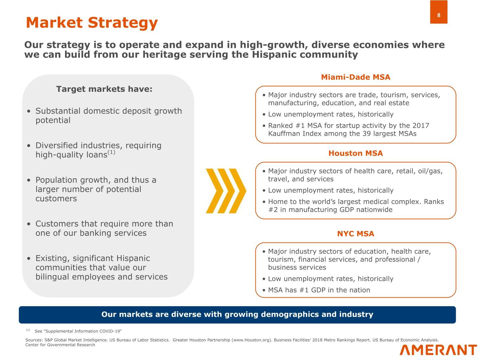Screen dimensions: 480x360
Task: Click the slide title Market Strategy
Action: pyautogui.click(x=92, y=23)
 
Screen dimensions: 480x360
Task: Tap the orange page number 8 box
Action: pyautogui.click(x=439, y=12)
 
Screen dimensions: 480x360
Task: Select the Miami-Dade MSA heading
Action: pyautogui.click(x=356, y=77)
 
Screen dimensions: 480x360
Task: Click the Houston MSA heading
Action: pyautogui.click(x=356, y=153)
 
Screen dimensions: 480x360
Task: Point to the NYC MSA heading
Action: pyautogui.click(x=356, y=234)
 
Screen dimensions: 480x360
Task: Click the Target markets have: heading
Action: pyautogui.click(x=104, y=89)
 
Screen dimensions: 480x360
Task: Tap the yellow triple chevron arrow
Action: pyautogui.click(x=226, y=191)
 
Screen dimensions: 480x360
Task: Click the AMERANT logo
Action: pyautogui.click(x=438, y=350)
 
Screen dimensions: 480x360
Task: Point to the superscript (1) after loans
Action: pyautogui.click(x=111, y=152)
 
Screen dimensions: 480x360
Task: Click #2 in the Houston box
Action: pyautogui.click(x=273, y=210)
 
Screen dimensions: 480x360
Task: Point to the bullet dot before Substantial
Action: pyautogui.click(x=28, y=111)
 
